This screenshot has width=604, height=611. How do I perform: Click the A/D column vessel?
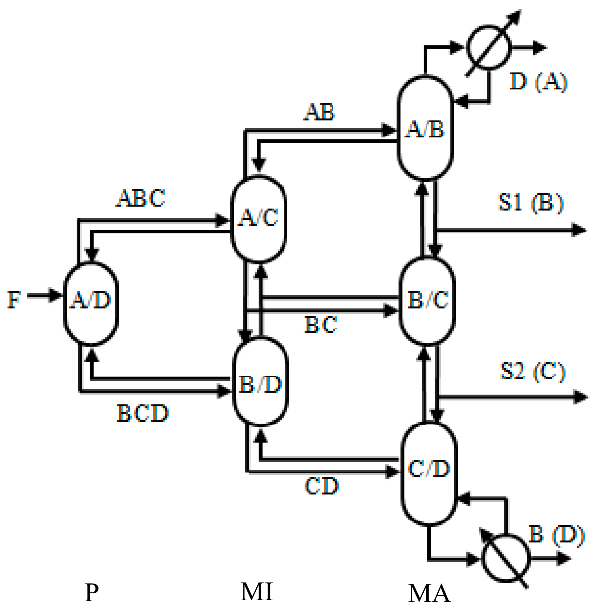click(91, 304)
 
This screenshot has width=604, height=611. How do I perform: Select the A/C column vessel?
click(258, 219)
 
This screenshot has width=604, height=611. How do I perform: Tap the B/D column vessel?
click(260, 382)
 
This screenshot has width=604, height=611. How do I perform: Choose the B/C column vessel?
click(427, 301)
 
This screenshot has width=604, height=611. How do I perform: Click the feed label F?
click(14, 300)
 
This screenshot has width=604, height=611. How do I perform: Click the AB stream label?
click(319, 112)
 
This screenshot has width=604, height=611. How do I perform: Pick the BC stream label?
click(321, 325)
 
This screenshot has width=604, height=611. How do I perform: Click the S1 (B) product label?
click(531, 203)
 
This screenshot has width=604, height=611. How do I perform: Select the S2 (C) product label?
click(532, 371)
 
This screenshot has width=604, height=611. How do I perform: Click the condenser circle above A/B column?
click(488, 48)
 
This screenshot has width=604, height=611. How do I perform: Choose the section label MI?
click(257, 591)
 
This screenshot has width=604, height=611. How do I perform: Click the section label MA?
click(429, 593)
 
